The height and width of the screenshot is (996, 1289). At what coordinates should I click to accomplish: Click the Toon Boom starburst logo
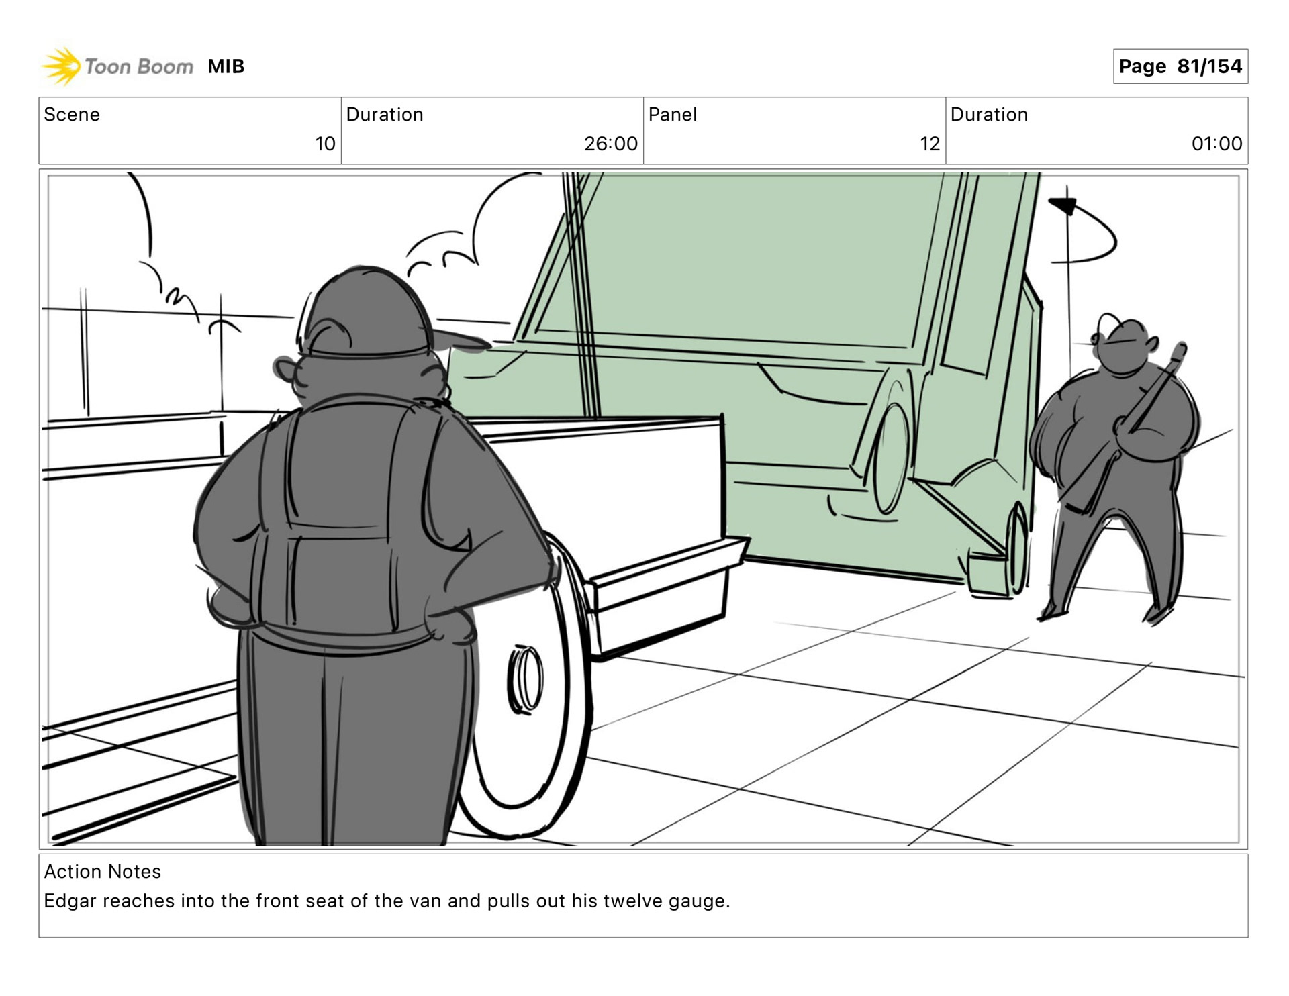tap(61, 66)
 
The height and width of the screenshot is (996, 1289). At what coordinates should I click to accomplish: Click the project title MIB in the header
tap(226, 66)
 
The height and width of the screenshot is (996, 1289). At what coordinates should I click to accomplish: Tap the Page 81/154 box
tap(1180, 66)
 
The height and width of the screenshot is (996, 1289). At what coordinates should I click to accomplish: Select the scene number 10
tap(325, 144)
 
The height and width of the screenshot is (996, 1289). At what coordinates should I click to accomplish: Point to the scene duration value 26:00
tap(610, 144)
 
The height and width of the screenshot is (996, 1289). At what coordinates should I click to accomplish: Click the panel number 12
tap(929, 144)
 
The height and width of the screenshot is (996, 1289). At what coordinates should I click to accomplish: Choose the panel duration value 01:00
tap(1216, 144)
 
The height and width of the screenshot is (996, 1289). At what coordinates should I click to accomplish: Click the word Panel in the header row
tap(673, 115)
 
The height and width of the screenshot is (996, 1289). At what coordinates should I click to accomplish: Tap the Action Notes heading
tap(103, 871)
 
